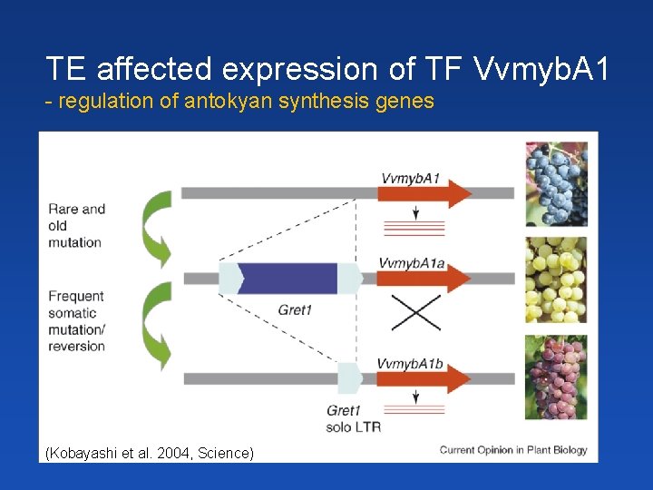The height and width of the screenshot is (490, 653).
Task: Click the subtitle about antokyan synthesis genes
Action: tap(240, 101)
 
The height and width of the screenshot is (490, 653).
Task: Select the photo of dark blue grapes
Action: tap(555, 183)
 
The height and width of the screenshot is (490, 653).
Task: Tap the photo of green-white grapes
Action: tap(555, 279)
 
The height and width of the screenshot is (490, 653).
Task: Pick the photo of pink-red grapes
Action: tap(555, 377)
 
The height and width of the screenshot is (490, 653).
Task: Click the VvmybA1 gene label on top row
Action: tap(410, 178)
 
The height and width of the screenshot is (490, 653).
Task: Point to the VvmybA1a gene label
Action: tap(411, 263)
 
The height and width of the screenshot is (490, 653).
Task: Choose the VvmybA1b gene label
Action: tap(411, 363)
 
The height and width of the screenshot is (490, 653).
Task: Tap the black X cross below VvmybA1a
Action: tap(414, 315)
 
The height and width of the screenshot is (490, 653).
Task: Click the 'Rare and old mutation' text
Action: tap(76, 225)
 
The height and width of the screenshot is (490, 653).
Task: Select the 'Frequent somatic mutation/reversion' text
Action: tap(76, 320)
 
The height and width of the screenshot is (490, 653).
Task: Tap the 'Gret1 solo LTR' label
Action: tap(352, 419)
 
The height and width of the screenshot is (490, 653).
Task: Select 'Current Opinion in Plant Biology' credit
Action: tap(513, 449)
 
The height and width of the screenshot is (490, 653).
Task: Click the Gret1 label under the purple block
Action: tap(295, 310)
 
